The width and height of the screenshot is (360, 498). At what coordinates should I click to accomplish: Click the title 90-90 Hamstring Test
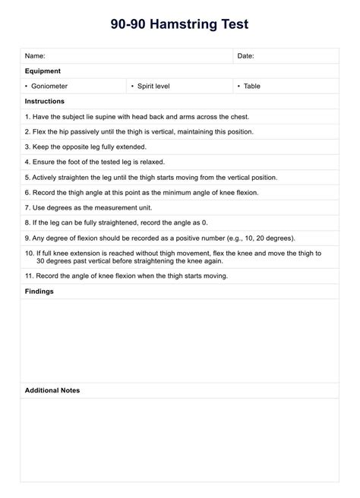[x=180, y=25]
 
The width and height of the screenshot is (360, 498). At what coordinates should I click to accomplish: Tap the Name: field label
[x=35, y=56]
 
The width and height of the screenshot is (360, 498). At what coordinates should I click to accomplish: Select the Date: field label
[x=245, y=56]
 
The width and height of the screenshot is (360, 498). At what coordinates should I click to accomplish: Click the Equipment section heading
[x=43, y=71]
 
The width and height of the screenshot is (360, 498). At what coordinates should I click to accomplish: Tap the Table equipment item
[x=251, y=87]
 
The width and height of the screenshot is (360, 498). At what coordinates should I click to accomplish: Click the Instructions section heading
[x=45, y=101]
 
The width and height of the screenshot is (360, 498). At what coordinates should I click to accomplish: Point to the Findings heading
[x=39, y=291]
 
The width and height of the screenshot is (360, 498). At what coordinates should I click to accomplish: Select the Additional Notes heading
[x=52, y=390]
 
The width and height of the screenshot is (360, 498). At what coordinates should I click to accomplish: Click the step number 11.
[x=29, y=275]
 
